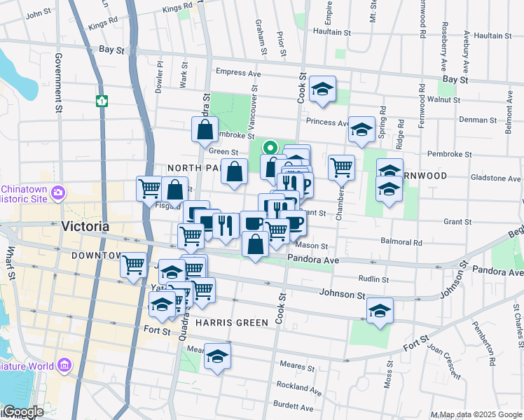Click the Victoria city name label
85,227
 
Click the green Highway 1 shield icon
102,101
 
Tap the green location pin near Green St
270,148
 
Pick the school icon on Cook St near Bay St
322,89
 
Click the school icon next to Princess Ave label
361,129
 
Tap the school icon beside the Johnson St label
380,310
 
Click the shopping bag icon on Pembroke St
205,129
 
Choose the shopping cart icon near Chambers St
341,167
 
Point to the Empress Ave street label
238,72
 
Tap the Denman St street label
478,120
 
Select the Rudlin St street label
373,279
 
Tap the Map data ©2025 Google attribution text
480,414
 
